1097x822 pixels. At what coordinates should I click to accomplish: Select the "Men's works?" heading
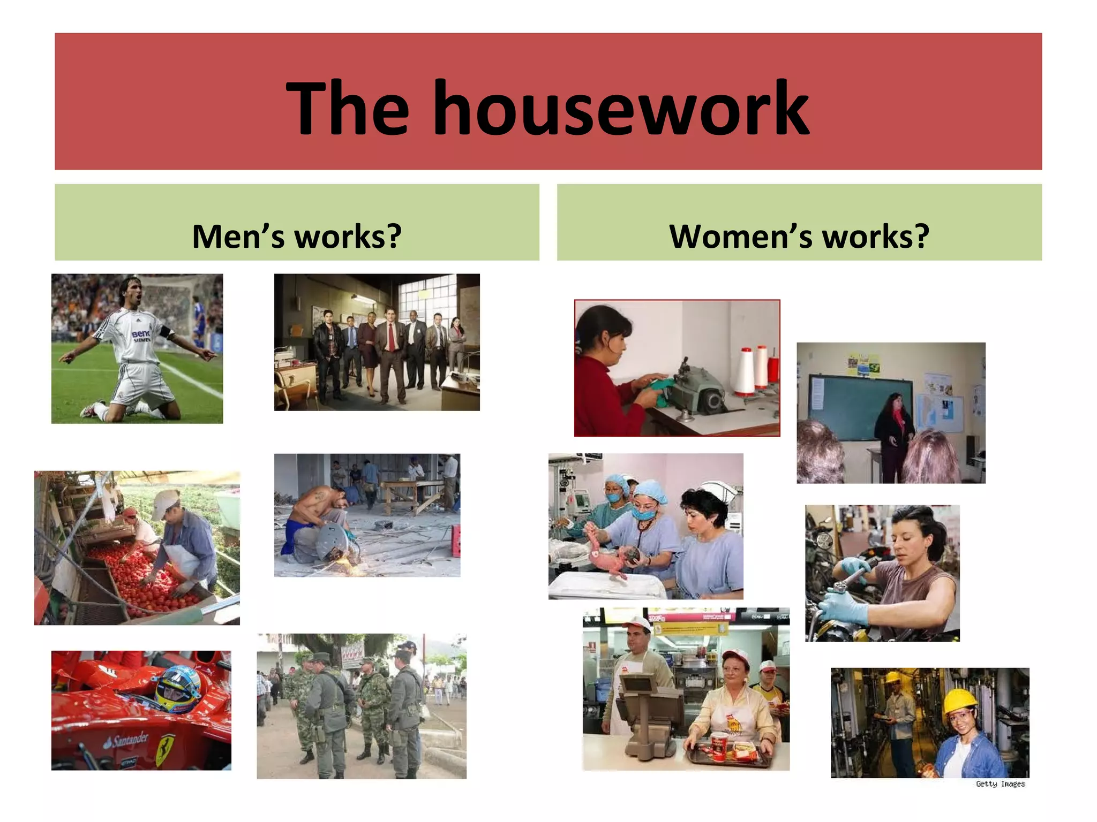pos(297,236)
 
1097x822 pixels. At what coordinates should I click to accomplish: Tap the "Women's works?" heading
pos(799,236)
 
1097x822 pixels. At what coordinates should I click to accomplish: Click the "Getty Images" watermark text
pos(1000,784)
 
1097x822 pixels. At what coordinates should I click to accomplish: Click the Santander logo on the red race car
pos(126,741)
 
